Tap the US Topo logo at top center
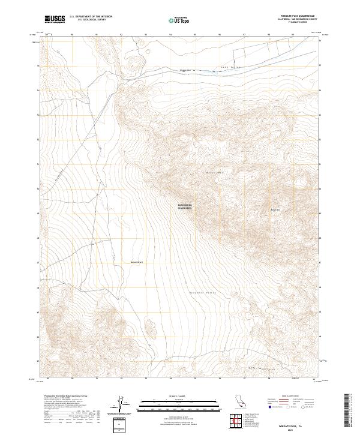coord(180,20)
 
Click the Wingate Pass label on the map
coord(185,71)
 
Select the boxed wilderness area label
coord(185,206)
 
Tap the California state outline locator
coord(238,401)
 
